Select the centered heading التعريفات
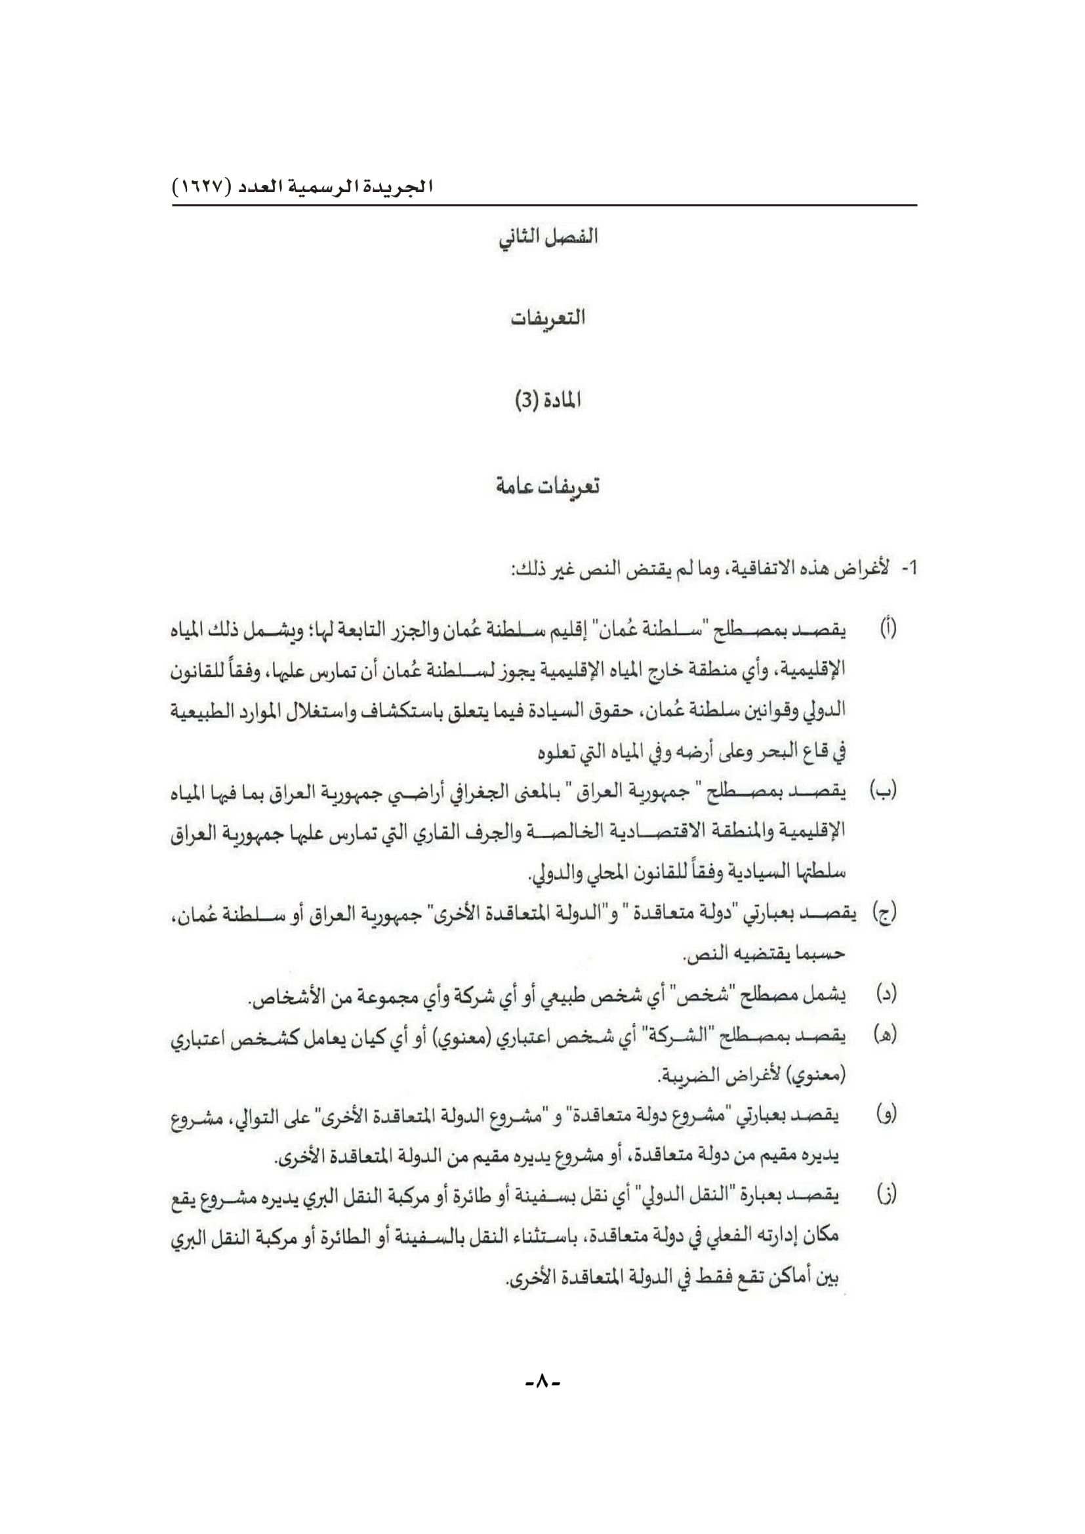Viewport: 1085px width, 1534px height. click(x=548, y=319)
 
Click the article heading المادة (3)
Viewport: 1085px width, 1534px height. click(x=548, y=401)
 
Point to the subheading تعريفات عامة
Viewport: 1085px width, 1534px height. click(x=548, y=486)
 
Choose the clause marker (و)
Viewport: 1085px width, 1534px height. click(x=887, y=1115)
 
